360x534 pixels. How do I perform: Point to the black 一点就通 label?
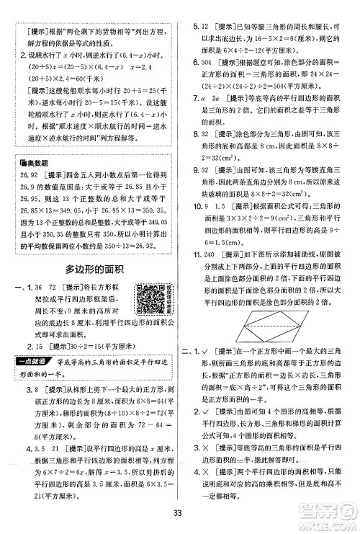pos(34,362)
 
